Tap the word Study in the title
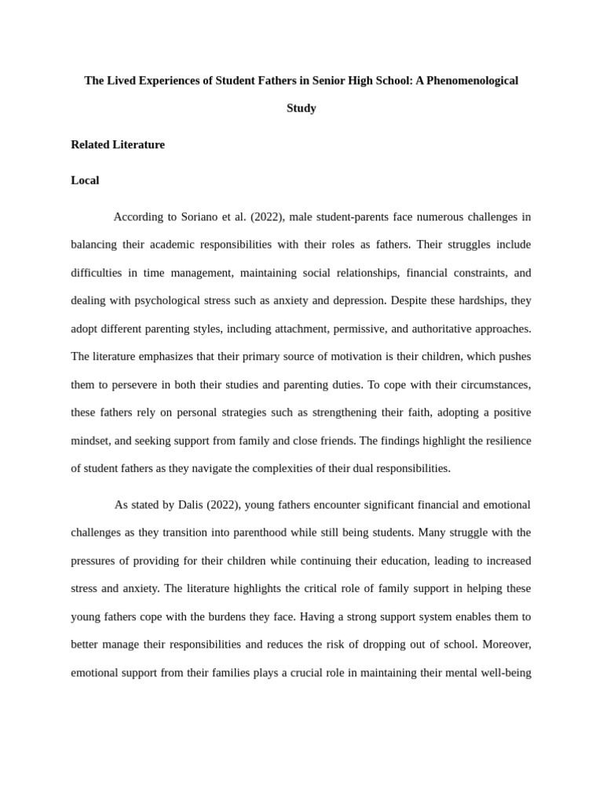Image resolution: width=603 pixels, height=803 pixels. (x=301, y=108)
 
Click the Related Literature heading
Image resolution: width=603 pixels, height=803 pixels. (x=118, y=144)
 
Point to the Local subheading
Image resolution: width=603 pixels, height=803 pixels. (x=85, y=180)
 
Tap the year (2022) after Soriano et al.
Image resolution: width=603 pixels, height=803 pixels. (x=267, y=216)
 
